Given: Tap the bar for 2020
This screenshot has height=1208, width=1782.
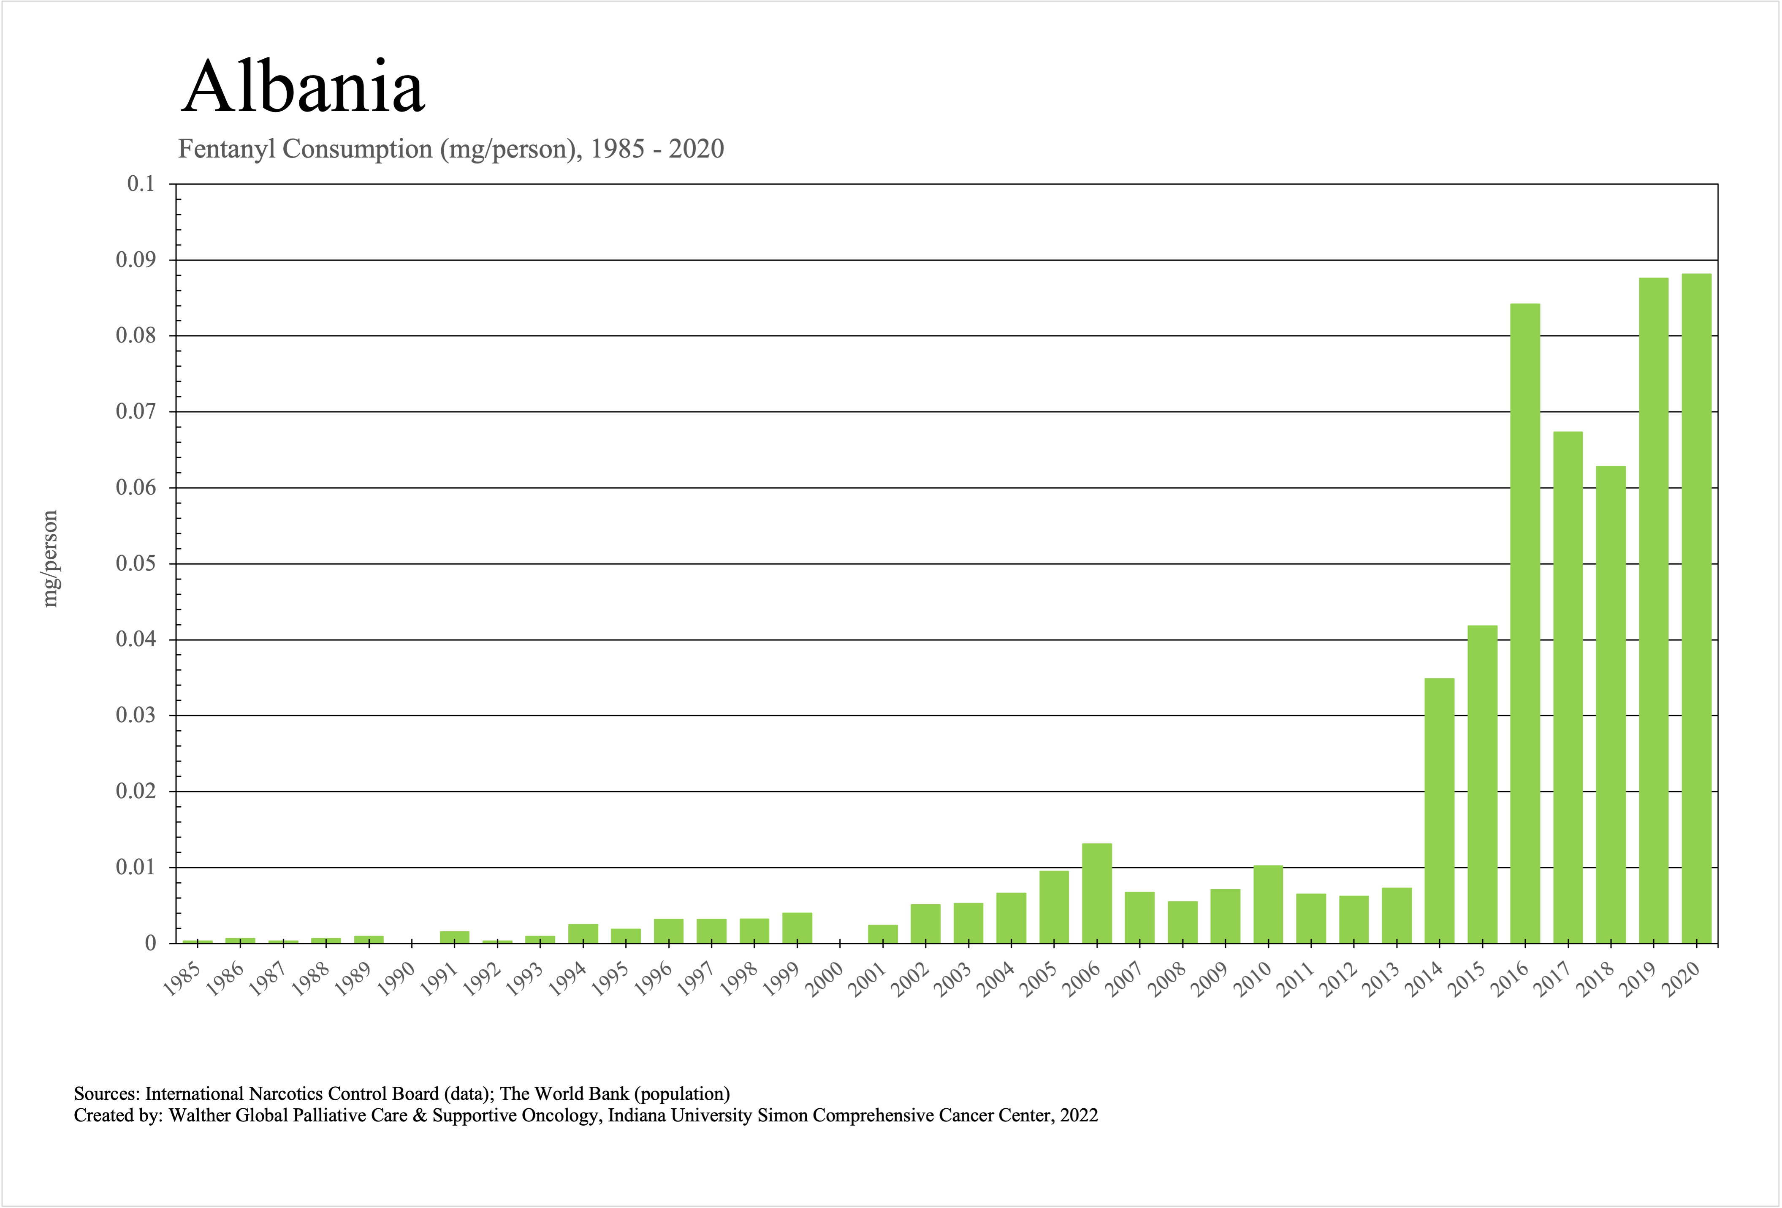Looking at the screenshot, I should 1696,608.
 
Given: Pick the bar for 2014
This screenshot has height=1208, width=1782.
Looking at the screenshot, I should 1439,811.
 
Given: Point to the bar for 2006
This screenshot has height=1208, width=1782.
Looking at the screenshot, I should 1096,893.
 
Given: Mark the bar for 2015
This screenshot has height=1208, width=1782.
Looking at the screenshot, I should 1482,784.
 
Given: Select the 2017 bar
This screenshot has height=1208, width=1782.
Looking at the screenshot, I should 1568,687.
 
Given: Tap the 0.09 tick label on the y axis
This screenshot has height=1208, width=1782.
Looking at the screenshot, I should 135,260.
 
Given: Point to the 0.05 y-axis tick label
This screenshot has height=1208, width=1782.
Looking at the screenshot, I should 135,564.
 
